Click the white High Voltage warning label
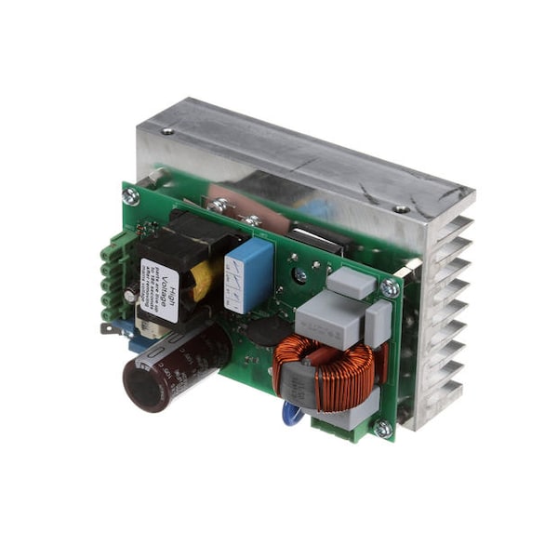(x=159, y=290)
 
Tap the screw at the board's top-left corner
(x=131, y=196)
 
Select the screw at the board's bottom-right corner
(x=381, y=428)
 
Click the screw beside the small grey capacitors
(x=390, y=288)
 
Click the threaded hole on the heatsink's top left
(x=167, y=131)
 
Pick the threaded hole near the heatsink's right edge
(x=403, y=209)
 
